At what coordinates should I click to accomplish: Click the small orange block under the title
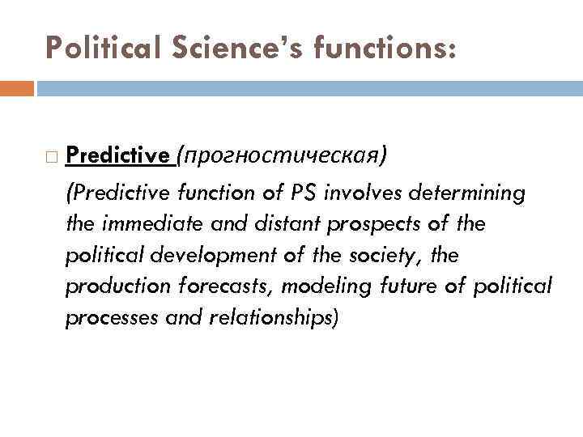(16, 87)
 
